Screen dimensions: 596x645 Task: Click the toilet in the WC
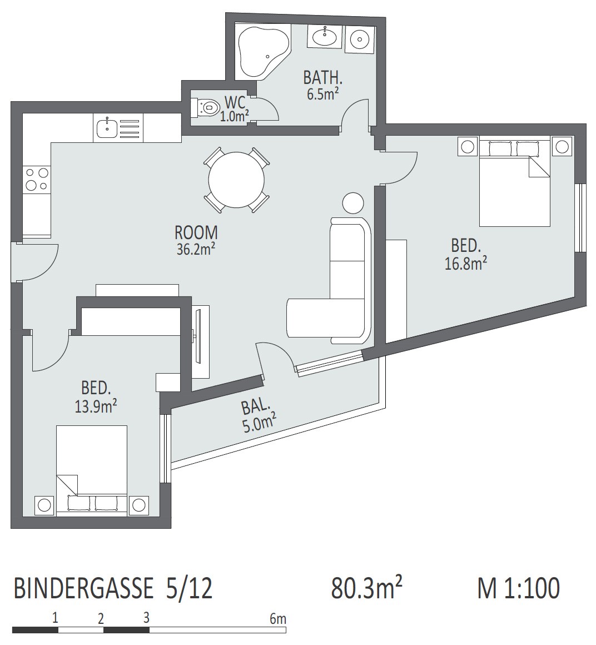tap(206, 107)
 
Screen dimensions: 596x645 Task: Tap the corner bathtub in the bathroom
tap(261, 51)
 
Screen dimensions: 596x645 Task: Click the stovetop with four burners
tap(37, 180)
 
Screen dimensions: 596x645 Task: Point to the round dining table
tap(236, 180)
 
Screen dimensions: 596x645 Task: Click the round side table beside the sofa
tap(353, 203)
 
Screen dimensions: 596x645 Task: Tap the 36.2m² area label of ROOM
tap(197, 249)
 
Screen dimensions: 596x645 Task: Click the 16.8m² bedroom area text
tap(465, 263)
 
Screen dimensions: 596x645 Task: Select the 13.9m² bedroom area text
tap(96, 406)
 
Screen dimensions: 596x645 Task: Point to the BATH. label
tap(323, 77)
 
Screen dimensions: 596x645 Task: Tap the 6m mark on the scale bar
tap(278, 618)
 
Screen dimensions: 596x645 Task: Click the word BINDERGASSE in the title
tap(83, 588)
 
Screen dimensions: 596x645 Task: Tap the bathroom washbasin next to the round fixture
tap(325, 37)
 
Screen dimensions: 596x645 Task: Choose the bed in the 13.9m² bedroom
tap(92, 470)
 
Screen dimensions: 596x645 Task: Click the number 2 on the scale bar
tap(101, 618)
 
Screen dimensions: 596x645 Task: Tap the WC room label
tap(235, 102)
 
